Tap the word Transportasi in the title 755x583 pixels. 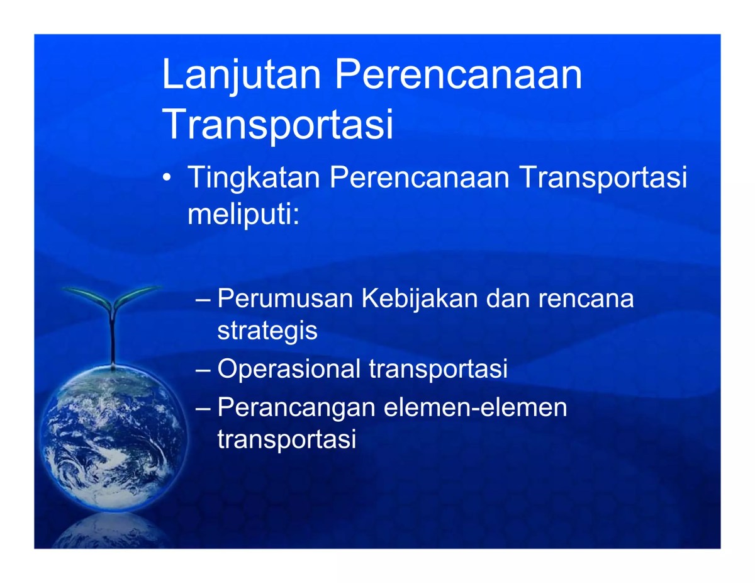click(x=277, y=125)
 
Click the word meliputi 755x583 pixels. click(x=242, y=215)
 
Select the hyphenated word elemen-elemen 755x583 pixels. click(x=475, y=408)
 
